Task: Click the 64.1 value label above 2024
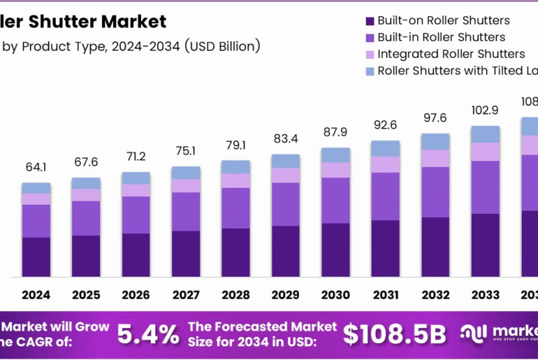(36, 168)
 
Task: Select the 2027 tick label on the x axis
(185, 295)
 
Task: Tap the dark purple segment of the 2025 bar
(85, 256)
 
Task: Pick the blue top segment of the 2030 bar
(335, 155)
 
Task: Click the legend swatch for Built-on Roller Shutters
(370, 21)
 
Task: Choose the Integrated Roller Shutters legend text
(451, 54)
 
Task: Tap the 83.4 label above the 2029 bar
(285, 138)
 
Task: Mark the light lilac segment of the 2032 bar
(435, 158)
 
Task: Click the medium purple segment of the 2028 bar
(235, 208)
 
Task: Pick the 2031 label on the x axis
(385, 295)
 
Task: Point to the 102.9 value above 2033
(485, 110)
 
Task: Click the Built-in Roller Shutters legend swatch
(370, 38)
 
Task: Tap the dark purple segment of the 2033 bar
(485, 245)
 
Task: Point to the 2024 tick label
(36, 295)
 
